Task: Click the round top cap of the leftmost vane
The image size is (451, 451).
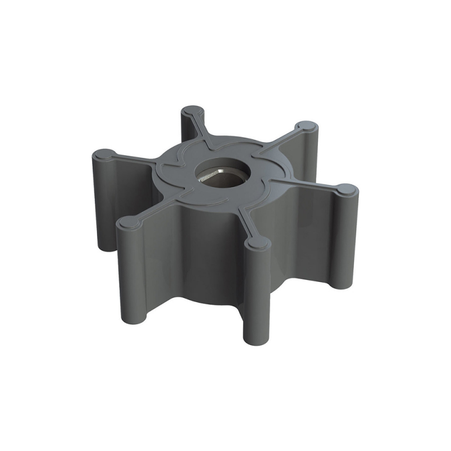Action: tap(103, 154)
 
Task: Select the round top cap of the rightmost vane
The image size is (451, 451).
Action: tap(347, 190)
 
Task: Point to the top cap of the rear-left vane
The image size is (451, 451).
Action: tap(193, 110)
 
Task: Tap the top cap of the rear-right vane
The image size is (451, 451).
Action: tap(305, 126)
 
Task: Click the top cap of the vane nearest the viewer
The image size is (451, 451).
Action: tap(258, 242)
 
